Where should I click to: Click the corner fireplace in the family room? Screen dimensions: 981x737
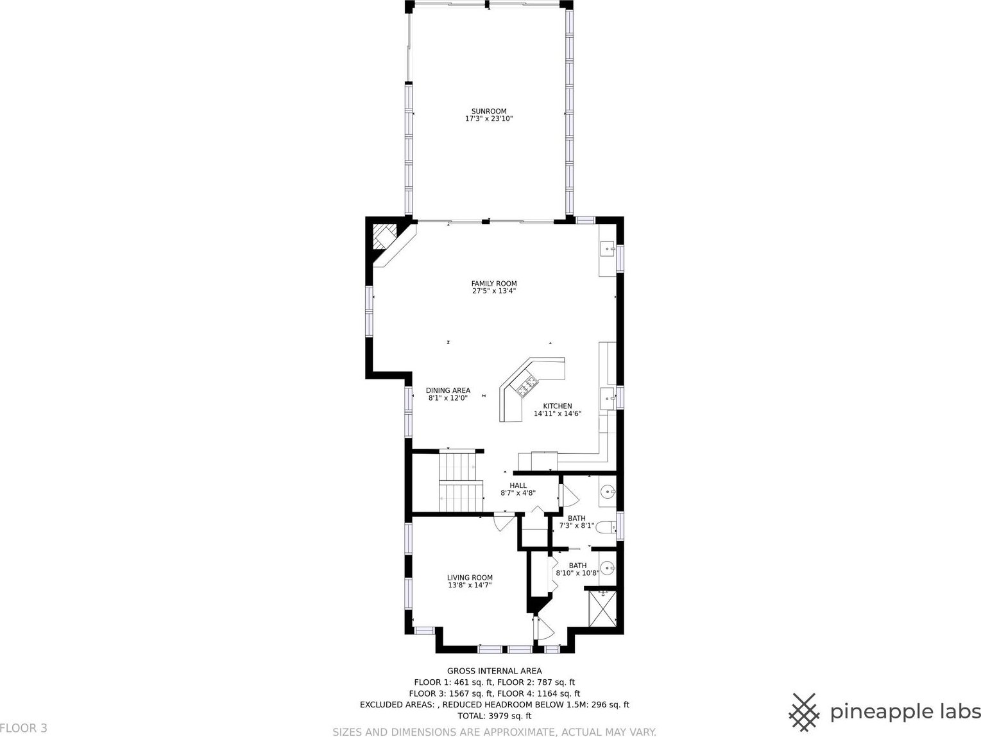(385, 237)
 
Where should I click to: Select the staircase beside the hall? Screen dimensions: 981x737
(461, 481)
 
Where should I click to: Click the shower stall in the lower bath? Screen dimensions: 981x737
(602, 609)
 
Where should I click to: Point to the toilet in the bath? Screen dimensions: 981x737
(606, 527)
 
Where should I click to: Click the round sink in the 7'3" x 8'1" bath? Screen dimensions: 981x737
(608, 492)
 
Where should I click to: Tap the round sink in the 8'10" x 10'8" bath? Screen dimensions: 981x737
(608, 568)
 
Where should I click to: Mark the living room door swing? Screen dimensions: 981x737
(505, 523)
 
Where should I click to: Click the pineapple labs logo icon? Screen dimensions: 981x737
(804, 712)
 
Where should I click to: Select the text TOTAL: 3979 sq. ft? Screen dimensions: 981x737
(494, 716)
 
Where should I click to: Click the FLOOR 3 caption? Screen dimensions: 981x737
(24, 728)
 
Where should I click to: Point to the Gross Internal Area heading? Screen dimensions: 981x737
(494, 671)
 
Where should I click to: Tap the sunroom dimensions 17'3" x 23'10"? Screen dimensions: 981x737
(489, 119)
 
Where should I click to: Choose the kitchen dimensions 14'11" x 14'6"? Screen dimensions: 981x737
(558, 413)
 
